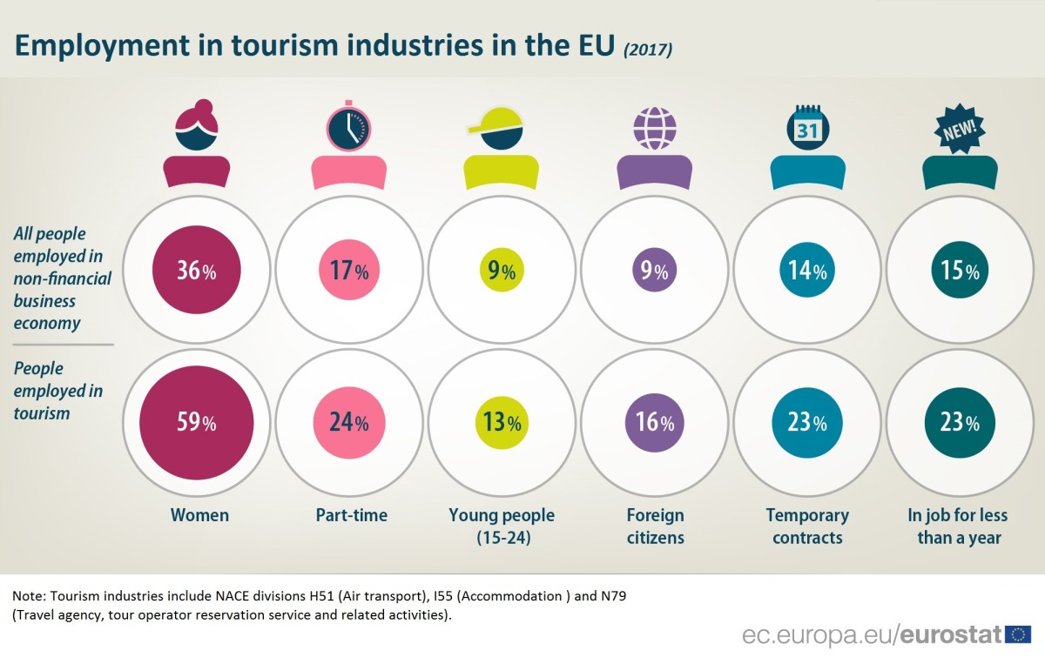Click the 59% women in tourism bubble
tap(196, 424)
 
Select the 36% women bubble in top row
tap(196, 271)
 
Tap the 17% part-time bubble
tap(348, 271)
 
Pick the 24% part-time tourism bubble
tap(348, 424)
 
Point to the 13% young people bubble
tap(502, 424)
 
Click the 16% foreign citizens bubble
tap(655, 424)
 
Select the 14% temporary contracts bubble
tap(807, 271)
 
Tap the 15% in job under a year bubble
tap(960, 271)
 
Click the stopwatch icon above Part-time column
tap(349, 128)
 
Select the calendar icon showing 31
tap(807, 128)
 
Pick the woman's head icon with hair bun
tap(196, 126)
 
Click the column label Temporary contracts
tap(807, 526)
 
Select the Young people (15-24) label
tap(502, 526)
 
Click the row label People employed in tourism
tap(58, 391)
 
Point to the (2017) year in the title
tap(647, 50)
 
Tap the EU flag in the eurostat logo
tap(1018, 634)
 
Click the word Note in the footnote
tap(29, 597)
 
